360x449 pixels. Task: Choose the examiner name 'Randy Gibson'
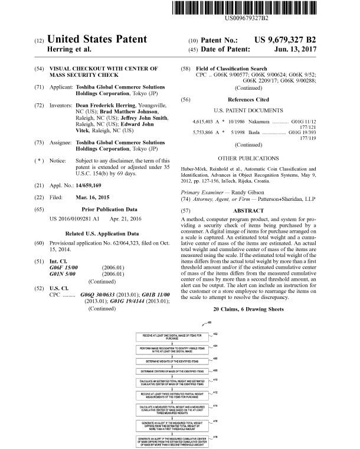tap(246, 193)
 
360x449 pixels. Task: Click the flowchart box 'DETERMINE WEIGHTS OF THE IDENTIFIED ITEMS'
tap(171, 360)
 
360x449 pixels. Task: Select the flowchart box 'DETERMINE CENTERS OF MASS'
tap(171, 371)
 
